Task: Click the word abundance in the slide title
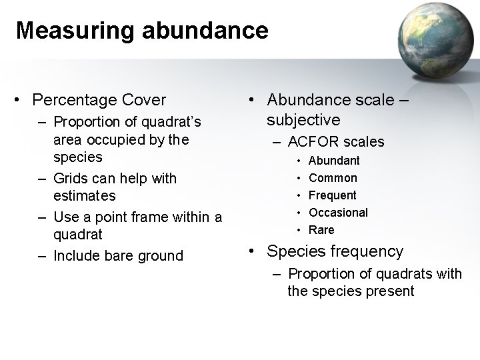click(205, 30)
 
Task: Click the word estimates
click(85, 196)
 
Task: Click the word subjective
click(303, 120)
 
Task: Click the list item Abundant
click(335, 161)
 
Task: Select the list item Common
click(333, 178)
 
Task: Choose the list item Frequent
click(333, 195)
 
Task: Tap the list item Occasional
click(339, 213)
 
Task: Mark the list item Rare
click(322, 230)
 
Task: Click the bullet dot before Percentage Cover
click(19, 101)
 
